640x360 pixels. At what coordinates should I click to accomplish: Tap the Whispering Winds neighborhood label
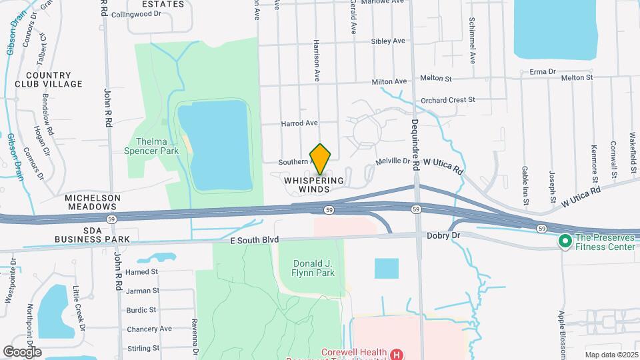313,185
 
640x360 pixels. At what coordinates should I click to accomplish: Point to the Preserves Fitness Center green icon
565,239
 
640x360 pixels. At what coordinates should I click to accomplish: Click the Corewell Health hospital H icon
397,354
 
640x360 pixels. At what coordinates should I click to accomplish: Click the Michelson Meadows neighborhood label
93,203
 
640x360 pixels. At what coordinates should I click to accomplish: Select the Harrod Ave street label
299,123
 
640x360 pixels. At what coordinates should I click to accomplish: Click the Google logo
22,351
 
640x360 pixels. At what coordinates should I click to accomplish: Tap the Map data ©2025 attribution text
610,355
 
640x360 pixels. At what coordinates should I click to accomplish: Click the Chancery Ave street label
149,329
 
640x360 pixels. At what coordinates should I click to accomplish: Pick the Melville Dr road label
393,161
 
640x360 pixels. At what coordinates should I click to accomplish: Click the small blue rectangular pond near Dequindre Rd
387,268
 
